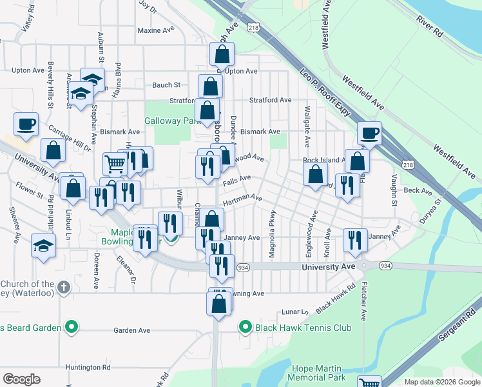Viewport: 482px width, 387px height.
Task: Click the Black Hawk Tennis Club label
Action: (303, 328)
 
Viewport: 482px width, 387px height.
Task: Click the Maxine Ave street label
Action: (157, 30)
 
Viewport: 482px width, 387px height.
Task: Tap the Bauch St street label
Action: (166, 85)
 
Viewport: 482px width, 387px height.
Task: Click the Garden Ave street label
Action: (131, 330)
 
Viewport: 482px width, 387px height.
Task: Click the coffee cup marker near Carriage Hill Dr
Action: (26, 123)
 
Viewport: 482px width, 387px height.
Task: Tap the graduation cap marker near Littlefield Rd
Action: (44, 246)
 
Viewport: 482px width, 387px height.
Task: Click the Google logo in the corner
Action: (21, 379)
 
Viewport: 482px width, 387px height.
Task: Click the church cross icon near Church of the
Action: (63, 287)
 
